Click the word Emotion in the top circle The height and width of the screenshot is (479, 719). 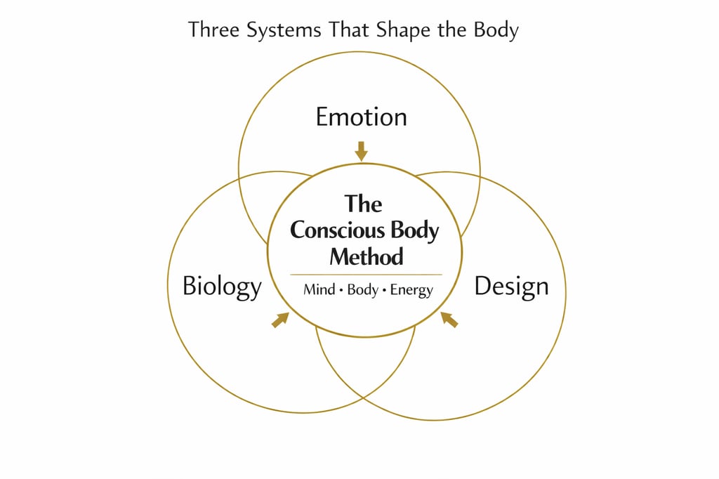[361, 117]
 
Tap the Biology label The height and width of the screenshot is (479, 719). [222, 287]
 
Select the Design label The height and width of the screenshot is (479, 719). [511, 287]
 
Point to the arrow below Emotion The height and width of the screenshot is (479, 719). [361, 150]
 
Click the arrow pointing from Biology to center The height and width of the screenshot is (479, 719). [280, 320]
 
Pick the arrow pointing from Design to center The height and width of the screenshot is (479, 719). [449, 320]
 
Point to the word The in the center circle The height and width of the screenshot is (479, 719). [364, 204]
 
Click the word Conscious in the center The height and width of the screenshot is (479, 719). [332, 230]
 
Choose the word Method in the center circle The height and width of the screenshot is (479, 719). [367, 256]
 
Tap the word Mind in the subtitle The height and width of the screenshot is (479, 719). [319, 289]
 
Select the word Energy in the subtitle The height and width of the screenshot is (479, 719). [412, 290]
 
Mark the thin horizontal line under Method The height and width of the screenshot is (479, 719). [366, 275]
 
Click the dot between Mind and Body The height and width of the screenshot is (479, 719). [341, 290]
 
